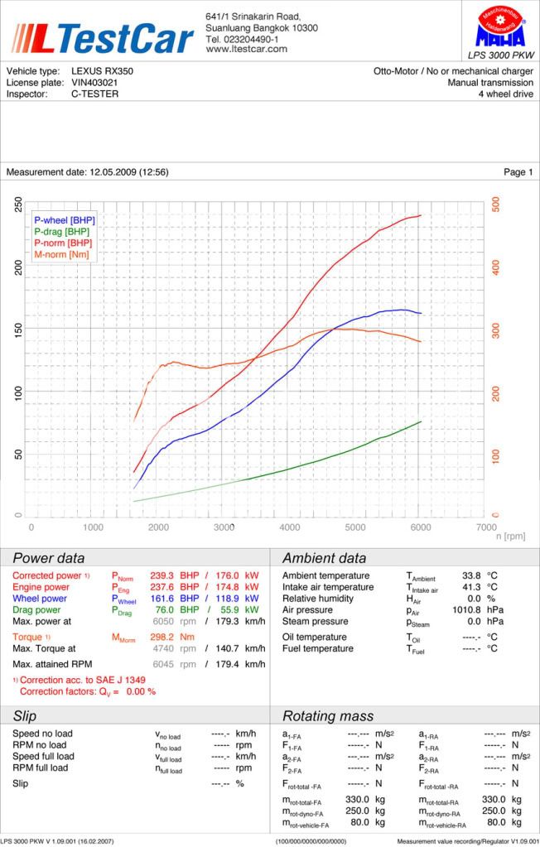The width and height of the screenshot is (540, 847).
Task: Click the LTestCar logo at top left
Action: pyautogui.click(x=101, y=37)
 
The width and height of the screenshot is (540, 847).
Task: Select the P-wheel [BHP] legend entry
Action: pyautogui.click(x=64, y=220)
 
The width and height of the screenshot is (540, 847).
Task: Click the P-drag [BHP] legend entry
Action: pyautogui.click(x=61, y=232)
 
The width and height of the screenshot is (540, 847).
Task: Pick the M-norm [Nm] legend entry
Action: pyautogui.click(x=62, y=255)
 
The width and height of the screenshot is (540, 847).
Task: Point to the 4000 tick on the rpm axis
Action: pyautogui.click(x=290, y=527)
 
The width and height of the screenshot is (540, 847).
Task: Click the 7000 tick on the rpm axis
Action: pyautogui.click(x=487, y=527)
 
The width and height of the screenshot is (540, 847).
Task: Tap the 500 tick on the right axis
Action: pyautogui.click(x=495, y=203)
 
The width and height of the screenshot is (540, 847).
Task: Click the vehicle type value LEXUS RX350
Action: pyautogui.click(x=102, y=71)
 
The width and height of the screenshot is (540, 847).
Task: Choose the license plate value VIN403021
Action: pyautogui.click(x=94, y=83)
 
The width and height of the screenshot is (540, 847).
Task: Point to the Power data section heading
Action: pyautogui.click(x=48, y=558)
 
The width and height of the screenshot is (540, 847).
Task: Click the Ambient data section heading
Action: pyautogui.click(x=324, y=558)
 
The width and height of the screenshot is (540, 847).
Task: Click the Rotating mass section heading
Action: pyautogui.click(x=328, y=716)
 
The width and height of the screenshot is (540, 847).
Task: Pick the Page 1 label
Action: pyautogui.click(x=518, y=172)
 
